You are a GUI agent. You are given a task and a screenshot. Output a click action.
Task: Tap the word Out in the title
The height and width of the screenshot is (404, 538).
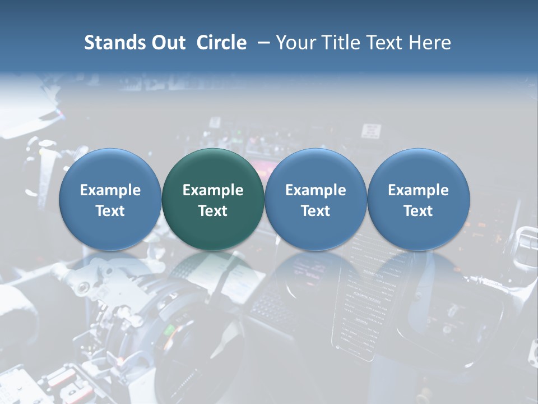pyautogui.click(x=167, y=43)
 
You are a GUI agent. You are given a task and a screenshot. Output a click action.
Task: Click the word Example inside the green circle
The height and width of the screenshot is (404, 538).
pyautogui.click(x=213, y=190)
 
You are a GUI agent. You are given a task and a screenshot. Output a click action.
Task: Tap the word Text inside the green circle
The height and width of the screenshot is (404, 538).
pyautogui.click(x=213, y=211)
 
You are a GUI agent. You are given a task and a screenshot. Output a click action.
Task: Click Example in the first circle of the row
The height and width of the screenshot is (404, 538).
pyautogui.click(x=110, y=190)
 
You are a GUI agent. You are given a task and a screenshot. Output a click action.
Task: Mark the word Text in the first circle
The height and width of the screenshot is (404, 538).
pyautogui.click(x=110, y=211)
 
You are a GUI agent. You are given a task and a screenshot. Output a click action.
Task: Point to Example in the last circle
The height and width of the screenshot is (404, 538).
pyautogui.click(x=419, y=190)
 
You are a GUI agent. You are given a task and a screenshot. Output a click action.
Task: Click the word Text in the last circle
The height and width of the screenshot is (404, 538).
pyautogui.click(x=419, y=211)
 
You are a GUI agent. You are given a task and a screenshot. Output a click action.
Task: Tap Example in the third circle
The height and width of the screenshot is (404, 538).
pyautogui.click(x=316, y=190)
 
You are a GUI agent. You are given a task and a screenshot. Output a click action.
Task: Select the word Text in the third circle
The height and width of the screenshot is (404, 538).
pyautogui.click(x=316, y=211)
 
